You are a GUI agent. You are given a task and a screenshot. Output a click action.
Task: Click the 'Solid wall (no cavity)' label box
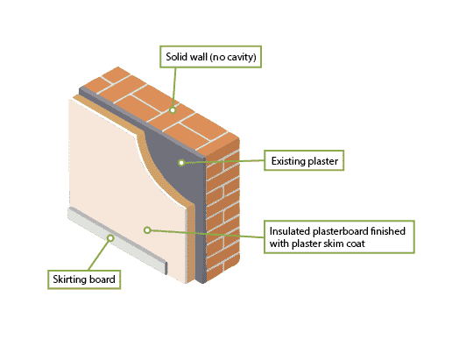[210, 57]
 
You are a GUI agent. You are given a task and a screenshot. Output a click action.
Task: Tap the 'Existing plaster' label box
[304, 160]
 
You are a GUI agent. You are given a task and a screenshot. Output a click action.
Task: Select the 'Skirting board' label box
[84, 279]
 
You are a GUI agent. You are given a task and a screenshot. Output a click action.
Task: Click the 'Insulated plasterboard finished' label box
[339, 236]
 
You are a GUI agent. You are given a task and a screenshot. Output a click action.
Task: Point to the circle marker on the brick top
[173, 110]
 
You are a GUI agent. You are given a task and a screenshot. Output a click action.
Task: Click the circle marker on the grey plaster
[181, 162]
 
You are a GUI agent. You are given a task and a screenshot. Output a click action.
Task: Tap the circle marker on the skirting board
[110, 238]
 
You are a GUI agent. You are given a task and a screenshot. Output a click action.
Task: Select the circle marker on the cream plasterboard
[147, 230]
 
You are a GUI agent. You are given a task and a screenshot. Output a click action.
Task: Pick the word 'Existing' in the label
[286, 161]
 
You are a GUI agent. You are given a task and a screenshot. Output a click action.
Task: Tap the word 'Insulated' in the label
[290, 231]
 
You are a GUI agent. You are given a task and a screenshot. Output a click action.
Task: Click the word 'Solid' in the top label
[175, 57]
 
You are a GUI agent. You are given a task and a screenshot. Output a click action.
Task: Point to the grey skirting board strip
[117, 240]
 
